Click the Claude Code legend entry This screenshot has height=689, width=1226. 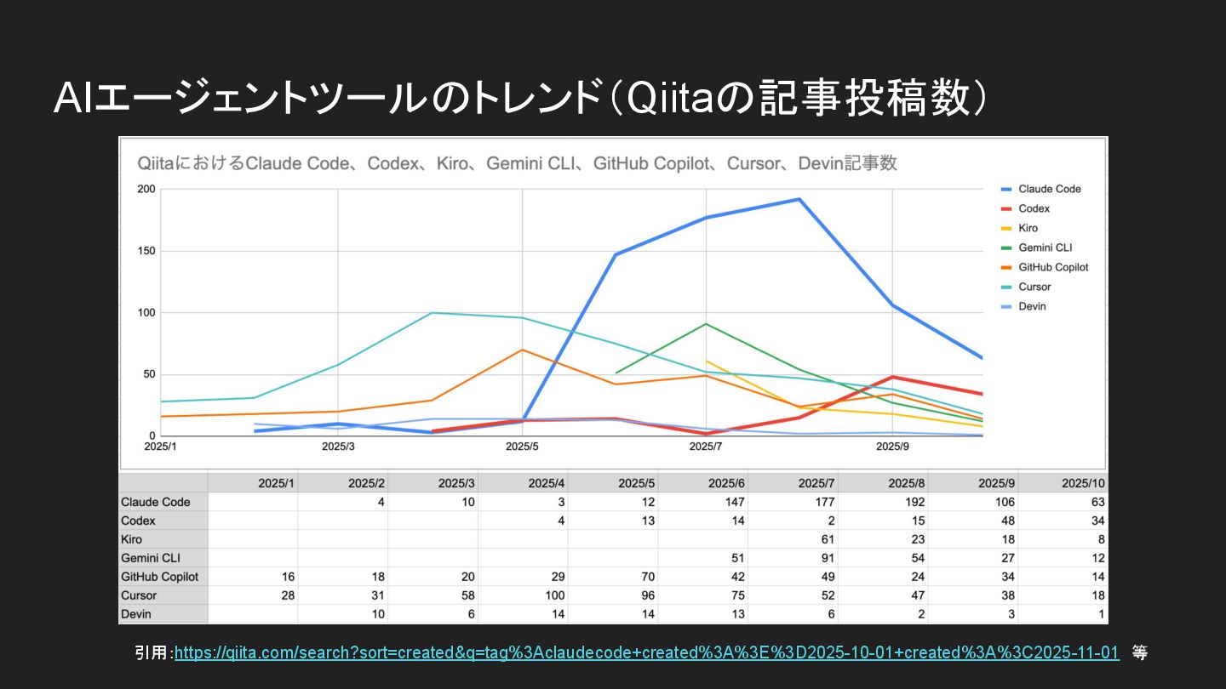[1049, 189]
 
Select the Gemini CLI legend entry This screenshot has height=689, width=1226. [1045, 248]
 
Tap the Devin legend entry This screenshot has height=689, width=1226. [1032, 306]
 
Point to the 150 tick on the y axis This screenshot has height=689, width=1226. [146, 251]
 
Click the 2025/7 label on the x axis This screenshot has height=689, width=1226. [707, 446]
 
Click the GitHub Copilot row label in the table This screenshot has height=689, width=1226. [159, 577]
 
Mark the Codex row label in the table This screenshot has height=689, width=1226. [139, 521]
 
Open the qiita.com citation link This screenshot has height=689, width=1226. [646, 652]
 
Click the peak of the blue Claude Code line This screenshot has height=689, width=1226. [799, 199]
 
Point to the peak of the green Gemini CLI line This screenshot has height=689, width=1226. [706, 324]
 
